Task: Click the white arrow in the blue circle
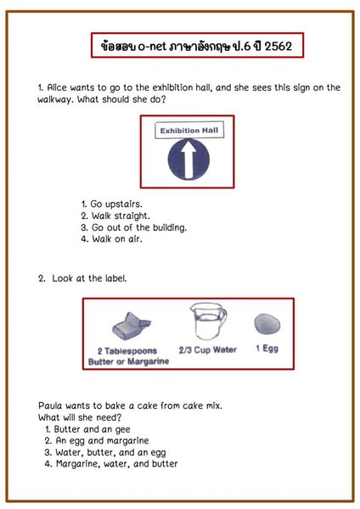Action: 188,159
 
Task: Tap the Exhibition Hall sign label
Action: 189,131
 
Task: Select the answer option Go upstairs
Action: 111,204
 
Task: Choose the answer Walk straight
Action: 115,215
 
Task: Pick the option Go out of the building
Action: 134,227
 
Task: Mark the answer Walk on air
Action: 111,239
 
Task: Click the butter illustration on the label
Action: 132,327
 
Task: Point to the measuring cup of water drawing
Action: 208,321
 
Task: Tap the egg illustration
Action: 267,324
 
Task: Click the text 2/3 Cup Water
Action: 208,350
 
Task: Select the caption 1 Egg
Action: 267,349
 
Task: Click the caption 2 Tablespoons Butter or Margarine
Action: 128,356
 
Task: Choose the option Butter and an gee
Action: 87,429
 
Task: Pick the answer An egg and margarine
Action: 97,440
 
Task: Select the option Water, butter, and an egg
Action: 105,452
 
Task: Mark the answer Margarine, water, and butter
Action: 111,464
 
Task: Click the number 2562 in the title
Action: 278,47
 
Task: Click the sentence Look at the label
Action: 89,278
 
